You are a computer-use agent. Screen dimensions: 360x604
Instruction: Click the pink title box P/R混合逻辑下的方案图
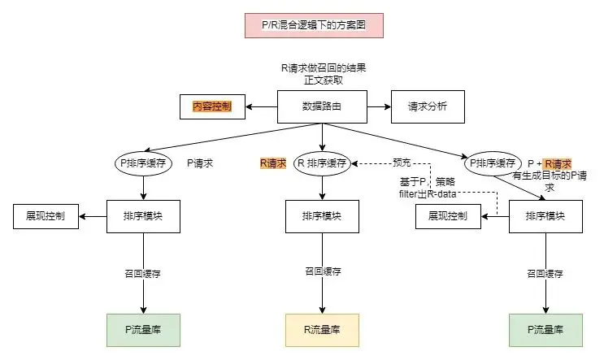tap(313, 25)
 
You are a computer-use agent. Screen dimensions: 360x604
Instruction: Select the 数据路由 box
tap(322, 106)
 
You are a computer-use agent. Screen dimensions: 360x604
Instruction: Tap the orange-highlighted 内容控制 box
tap(212, 106)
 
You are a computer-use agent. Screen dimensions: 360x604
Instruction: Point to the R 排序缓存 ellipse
tap(322, 163)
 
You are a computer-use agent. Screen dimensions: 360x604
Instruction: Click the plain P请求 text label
tap(200, 163)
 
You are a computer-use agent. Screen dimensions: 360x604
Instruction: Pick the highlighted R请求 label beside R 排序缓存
tap(273, 163)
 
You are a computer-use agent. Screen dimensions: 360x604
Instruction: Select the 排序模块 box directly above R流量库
tap(322, 217)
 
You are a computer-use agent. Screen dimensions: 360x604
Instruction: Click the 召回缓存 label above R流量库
tap(322, 272)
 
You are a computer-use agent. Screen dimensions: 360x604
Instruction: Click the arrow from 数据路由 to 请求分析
tap(377, 106)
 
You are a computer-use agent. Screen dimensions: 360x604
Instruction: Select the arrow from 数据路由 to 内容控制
tap(262, 106)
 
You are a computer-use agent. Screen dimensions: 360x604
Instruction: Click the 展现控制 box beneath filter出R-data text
tap(447, 217)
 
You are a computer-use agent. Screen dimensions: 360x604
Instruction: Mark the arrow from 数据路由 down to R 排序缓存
tap(322, 137)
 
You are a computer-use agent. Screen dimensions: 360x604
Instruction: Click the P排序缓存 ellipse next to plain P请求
tap(143, 163)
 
